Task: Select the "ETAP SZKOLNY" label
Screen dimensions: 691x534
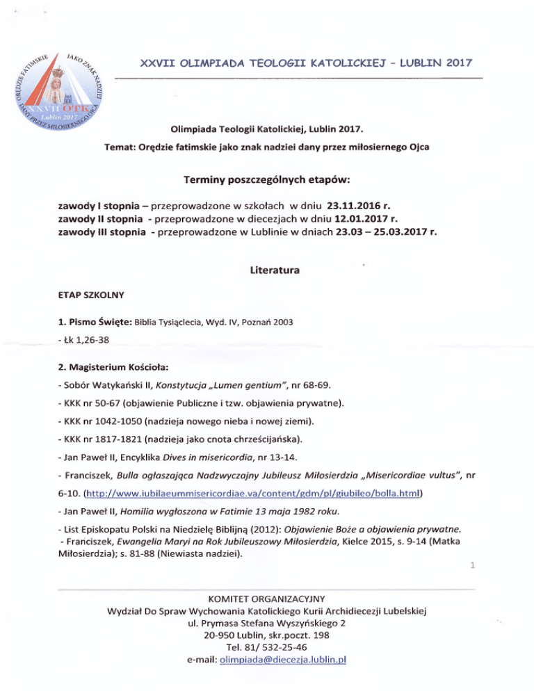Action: [91, 295]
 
